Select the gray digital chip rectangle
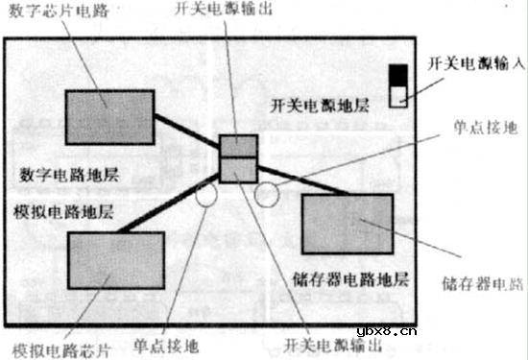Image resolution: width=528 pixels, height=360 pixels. point(109,117)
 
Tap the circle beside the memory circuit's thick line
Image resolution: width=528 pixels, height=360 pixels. point(266,195)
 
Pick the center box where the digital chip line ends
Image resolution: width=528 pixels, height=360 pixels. point(238,147)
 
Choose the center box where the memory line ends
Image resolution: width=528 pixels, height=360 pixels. point(238,169)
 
